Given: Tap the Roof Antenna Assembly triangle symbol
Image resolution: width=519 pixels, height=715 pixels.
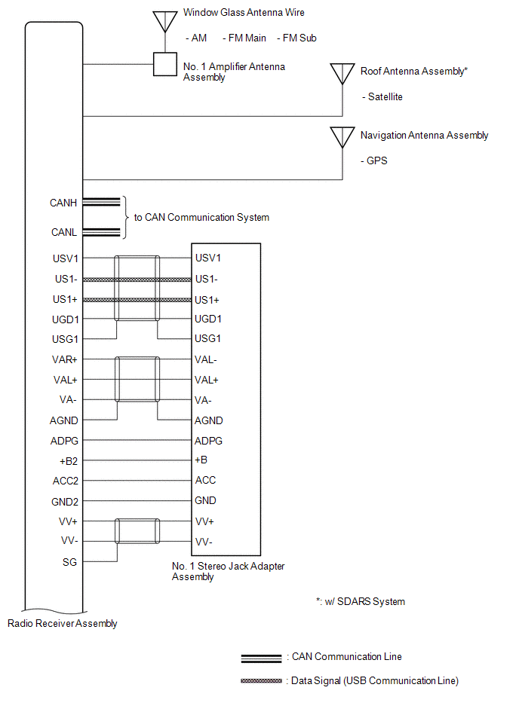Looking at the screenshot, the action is coord(342,73).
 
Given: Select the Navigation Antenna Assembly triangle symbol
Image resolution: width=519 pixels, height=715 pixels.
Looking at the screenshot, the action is coord(342,137).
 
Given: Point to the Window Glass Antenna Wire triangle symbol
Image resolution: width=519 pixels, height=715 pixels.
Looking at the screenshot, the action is coord(164,21).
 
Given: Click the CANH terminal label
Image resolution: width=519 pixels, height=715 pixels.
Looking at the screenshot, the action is coord(63,203).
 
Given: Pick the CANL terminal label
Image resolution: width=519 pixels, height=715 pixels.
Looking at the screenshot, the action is coord(64,232).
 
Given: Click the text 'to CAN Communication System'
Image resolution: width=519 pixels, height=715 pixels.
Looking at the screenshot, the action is coord(201,218).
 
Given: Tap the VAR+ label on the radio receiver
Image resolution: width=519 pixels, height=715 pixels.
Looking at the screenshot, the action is coord(64,360).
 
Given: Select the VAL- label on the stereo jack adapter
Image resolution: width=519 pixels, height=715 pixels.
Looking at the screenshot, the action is coord(205,360).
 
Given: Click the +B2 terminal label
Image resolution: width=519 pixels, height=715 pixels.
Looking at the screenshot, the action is coord(69,461).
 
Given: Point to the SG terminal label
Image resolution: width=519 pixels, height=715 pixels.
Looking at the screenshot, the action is coord(70,562).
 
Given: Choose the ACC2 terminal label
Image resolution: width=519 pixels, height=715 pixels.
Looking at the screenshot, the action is coord(66,481).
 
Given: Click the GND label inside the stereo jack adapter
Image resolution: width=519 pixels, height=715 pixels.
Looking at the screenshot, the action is coord(205,501).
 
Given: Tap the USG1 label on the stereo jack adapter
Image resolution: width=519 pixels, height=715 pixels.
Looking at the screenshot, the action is coord(207,338).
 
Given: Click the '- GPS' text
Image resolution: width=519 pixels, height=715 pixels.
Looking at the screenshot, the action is coord(374,161).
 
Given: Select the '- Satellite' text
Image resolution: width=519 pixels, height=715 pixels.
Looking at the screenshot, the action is coord(382,96).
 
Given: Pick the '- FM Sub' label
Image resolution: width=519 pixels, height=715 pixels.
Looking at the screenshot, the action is coord(296,38).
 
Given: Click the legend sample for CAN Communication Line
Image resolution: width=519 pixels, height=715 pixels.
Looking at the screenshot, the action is coord(261,658).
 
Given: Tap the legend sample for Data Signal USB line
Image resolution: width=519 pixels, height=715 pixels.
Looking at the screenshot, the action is coord(261,681).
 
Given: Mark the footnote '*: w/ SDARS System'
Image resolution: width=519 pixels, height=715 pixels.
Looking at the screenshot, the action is coord(360,602).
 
